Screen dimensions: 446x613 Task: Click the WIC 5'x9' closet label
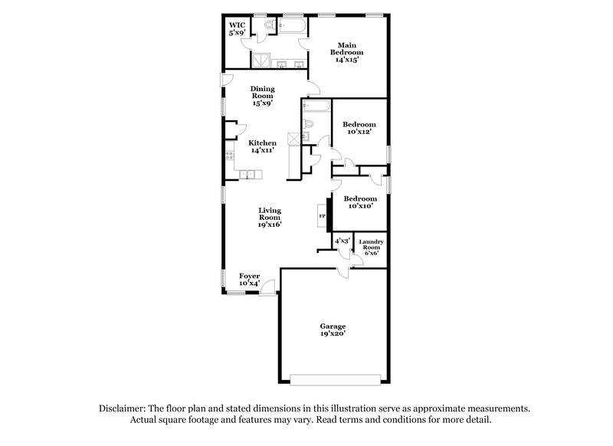pyautogui.click(x=236, y=29)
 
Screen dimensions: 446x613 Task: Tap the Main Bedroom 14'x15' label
pyautogui.click(x=346, y=52)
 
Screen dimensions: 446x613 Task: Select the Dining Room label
pyautogui.click(x=262, y=96)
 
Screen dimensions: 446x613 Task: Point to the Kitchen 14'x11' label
pyautogui.click(x=261, y=146)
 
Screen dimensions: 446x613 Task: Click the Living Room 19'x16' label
pyautogui.click(x=270, y=217)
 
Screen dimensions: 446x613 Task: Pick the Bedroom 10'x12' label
pyautogui.click(x=359, y=128)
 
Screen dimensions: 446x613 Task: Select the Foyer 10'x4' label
pyautogui.click(x=249, y=280)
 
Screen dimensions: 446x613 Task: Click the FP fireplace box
pyautogui.click(x=322, y=216)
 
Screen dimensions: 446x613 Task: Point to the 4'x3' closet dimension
pyautogui.click(x=342, y=241)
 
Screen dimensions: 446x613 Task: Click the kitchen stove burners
pyautogui.click(x=229, y=156)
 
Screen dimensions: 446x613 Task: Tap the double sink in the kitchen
pyautogui.click(x=247, y=175)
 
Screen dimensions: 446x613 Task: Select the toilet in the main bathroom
pyautogui.click(x=269, y=27)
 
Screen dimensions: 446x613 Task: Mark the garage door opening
pyautogui.click(x=335, y=379)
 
